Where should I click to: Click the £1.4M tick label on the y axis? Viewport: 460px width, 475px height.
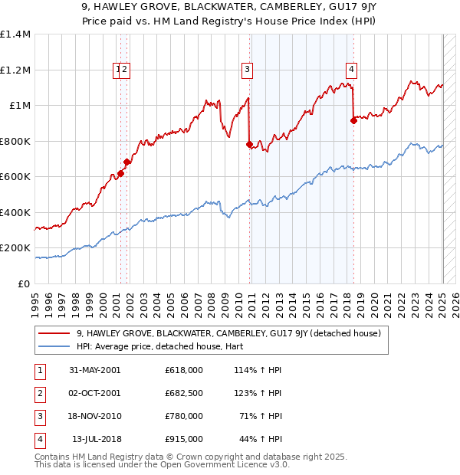pyautogui.click(x=15, y=34)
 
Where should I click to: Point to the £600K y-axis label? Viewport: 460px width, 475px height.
pyautogui.click(x=15, y=177)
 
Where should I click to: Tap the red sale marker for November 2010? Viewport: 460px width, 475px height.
pyautogui.click(x=249, y=144)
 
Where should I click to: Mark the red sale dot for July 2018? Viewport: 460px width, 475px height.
pyautogui.click(x=353, y=120)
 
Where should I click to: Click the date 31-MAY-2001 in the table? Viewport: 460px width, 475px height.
pyautogui.click(x=95, y=370)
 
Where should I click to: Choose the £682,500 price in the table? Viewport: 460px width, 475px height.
pyautogui.click(x=184, y=393)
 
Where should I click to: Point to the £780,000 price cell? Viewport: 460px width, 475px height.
pyautogui.click(x=184, y=416)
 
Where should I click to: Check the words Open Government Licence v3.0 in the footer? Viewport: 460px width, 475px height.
pyautogui.click(x=222, y=464)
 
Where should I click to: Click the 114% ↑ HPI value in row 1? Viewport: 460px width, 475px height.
pyautogui.click(x=257, y=370)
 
